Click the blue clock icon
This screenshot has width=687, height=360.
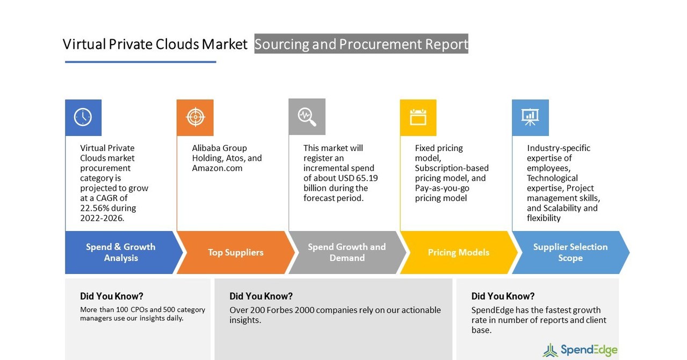coord(83,117)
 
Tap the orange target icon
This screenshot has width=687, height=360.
coord(195,117)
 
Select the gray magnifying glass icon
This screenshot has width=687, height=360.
coord(307,117)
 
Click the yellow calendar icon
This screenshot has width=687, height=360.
coord(418,117)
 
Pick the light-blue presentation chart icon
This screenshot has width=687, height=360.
coord(530,117)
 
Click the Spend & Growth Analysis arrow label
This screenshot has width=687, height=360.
coord(120,253)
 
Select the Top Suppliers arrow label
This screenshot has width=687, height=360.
coord(235,253)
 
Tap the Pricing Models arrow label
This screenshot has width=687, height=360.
coord(458,253)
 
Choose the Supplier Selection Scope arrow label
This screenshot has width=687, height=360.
coord(570,253)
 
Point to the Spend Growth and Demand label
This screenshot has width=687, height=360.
coord(346,253)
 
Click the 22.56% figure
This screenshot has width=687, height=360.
coord(95,208)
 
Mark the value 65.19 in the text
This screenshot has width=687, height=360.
coord(366,178)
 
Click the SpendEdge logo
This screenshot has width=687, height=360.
coord(580,350)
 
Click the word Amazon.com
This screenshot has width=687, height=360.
coord(217,168)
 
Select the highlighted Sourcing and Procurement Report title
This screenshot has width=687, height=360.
coord(361,44)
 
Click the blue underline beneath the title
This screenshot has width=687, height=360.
coord(140,62)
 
